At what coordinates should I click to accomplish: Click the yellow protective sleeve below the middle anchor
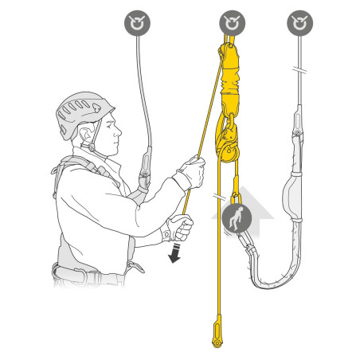[230, 80]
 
